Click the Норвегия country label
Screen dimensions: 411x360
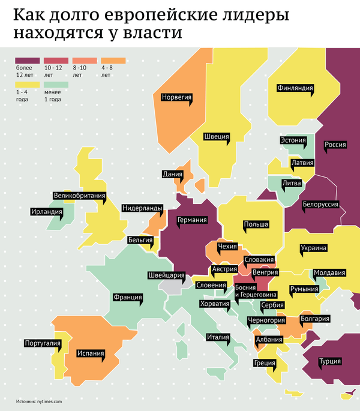click(176, 97)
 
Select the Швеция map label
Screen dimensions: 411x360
click(216, 136)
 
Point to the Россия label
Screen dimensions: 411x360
click(334, 144)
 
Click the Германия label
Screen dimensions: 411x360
click(192, 220)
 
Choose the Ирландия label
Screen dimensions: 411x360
click(47, 211)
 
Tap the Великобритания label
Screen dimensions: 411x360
click(80, 195)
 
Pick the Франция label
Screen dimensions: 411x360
click(127, 297)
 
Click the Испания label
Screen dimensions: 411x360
click(91, 353)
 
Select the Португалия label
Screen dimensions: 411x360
click(43, 343)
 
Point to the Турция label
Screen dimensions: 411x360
click(331, 361)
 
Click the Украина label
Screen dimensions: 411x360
click(314, 248)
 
